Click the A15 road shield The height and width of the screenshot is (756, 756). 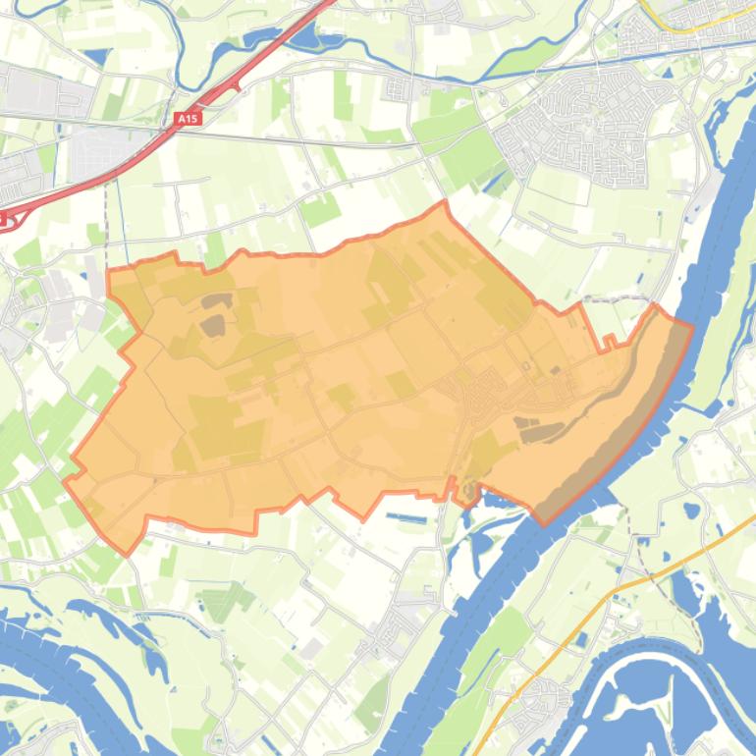point(187,119)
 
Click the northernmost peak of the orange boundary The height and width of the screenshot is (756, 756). point(445,202)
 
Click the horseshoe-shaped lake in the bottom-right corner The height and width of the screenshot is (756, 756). point(658,687)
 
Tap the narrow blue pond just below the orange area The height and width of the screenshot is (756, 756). point(406,516)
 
